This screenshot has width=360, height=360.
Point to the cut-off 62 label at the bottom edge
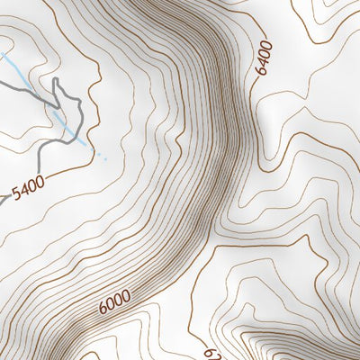tap(208, 354)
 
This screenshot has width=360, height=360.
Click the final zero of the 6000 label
tap(127, 293)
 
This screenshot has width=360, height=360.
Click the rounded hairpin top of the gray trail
tap(56, 79)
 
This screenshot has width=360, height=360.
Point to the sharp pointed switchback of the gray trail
tap(58, 107)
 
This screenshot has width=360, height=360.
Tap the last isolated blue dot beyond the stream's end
tap(105, 158)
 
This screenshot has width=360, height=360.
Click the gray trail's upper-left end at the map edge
tap(1, 81)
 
